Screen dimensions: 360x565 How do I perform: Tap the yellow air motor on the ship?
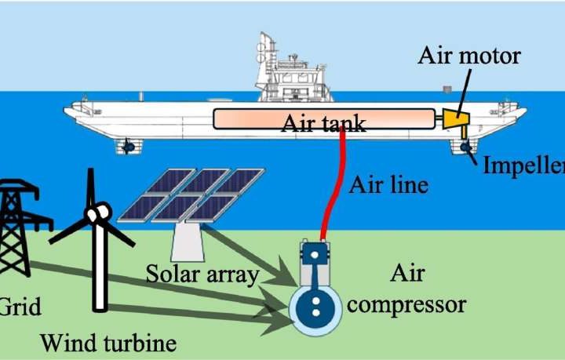pos(454,120)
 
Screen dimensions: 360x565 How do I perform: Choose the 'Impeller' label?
pos(523,165)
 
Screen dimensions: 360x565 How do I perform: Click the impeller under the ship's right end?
pos(465,147)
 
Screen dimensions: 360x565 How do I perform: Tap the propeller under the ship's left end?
pos(128,147)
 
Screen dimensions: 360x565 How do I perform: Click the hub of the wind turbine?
pos(100,213)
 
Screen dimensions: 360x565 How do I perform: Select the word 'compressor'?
pos(406,303)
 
